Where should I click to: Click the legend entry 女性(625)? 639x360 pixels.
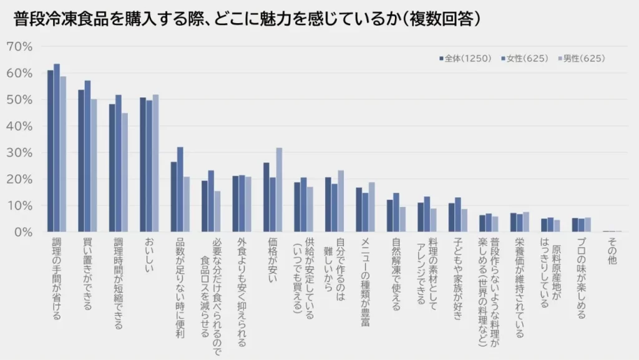click(527, 59)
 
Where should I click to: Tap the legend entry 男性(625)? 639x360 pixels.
click(583, 59)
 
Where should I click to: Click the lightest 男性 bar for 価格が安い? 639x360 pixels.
click(279, 190)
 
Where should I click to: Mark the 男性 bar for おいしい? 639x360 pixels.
click(155, 163)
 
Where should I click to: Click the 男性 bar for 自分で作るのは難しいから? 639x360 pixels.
click(341, 201)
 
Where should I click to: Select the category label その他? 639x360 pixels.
click(612, 250)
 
